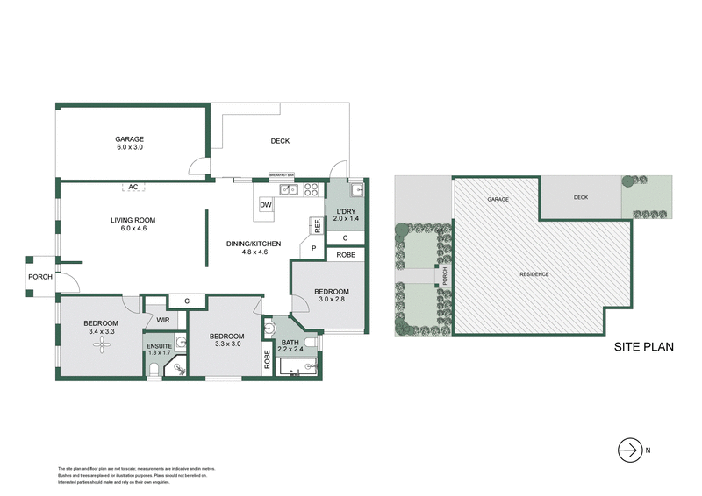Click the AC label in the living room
click(x=133, y=187)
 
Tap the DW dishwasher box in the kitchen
click(x=266, y=205)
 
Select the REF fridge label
click(x=318, y=225)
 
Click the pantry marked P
click(x=312, y=249)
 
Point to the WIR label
click(x=162, y=321)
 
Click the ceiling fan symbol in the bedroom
click(x=104, y=348)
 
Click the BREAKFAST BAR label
click(x=281, y=175)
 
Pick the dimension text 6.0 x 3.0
click(x=129, y=148)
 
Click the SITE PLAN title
click(x=643, y=346)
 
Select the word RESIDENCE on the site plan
click(x=534, y=274)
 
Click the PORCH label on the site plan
click(x=444, y=276)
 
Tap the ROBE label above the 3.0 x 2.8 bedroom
click(x=345, y=255)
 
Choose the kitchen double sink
click(x=289, y=189)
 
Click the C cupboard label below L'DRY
click(x=345, y=237)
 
